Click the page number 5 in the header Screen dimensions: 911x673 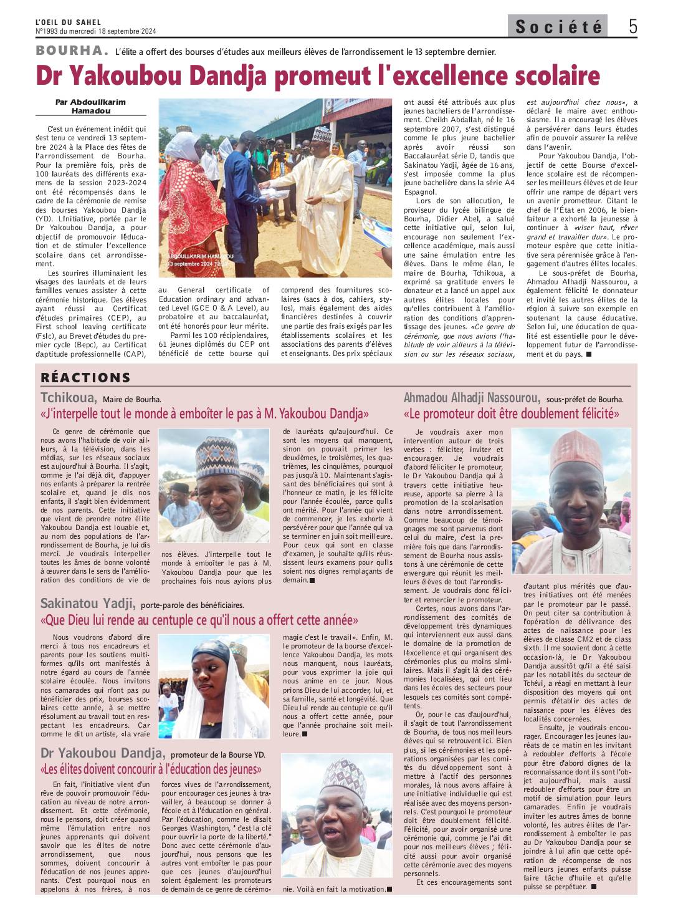pos(632,26)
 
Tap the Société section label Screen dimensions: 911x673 pos(559,27)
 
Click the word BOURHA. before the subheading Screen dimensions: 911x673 pos(72,51)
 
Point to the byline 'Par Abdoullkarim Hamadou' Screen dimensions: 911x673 pos(90,106)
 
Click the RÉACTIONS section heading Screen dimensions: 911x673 pos(85,377)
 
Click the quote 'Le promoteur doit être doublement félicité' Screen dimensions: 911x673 pos(512,413)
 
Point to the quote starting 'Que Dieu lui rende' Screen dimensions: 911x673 pos(199,620)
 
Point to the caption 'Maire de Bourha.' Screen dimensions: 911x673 pos(132,399)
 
